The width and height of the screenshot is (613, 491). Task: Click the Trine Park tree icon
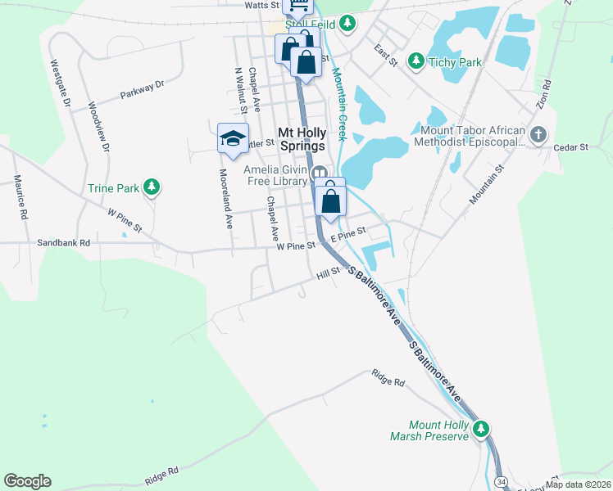[151, 188]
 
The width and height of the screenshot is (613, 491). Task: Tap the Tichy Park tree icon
[416, 61]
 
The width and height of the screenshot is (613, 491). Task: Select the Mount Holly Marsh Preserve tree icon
[483, 428]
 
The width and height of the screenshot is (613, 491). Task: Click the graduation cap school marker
[233, 137]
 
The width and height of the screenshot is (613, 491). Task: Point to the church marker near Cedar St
[538, 134]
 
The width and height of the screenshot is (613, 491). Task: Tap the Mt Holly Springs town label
[303, 138]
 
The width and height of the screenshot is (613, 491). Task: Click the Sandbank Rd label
[63, 243]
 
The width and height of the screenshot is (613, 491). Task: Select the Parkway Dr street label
[142, 88]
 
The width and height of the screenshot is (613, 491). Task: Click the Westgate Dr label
[61, 82]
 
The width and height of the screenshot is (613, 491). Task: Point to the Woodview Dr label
[98, 126]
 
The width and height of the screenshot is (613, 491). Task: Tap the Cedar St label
[572, 147]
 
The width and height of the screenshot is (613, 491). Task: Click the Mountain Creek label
[338, 106]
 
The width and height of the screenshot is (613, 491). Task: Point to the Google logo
[27, 481]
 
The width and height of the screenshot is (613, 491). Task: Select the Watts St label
[262, 5]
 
